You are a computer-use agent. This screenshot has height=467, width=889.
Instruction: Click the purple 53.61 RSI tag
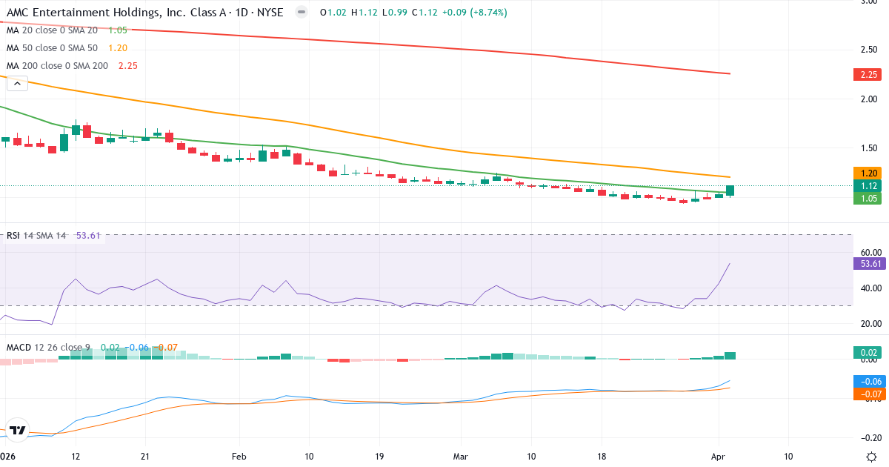(868, 263)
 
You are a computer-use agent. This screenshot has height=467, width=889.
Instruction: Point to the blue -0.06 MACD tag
(867, 381)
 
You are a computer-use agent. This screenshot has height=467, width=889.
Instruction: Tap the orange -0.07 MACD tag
(867, 393)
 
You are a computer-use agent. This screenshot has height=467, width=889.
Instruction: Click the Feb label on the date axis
(238, 457)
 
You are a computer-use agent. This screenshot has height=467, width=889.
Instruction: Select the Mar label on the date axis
(461, 457)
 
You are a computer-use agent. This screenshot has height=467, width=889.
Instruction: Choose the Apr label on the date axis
(718, 457)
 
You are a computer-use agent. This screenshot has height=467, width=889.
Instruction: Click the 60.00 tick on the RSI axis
(868, 253)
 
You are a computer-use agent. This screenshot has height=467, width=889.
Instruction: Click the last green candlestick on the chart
(730, 191)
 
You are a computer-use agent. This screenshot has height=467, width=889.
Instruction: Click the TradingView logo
(18, 429)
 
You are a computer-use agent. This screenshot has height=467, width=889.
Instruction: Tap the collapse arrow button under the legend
(17, 84)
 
